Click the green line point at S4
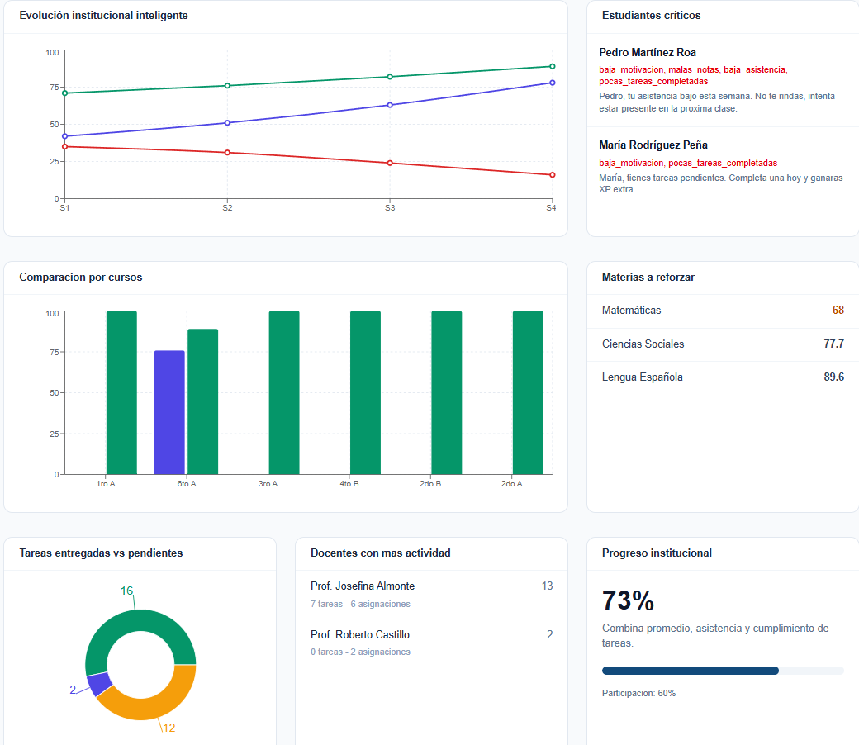click(553, 66)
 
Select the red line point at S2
click(227, 152)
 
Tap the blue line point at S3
click(390, 105)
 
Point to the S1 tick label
click(64, 208)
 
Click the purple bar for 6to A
click(169, 412)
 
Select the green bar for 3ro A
click(284, 393)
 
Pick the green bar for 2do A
click(528, 393)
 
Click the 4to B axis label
click(349, 484)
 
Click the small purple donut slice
click(98, 684)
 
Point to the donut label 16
click(126, 591)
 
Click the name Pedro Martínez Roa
click(648, 53)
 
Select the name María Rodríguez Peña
click(653, 145)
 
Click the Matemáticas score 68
click(838, 310)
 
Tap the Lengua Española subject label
click(642, 377)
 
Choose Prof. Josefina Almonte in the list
click(363, 586)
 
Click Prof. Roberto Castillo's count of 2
click(549, 634)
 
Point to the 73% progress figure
click(628, 600)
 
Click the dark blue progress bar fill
click(691, 671)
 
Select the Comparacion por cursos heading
click(81, 278)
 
